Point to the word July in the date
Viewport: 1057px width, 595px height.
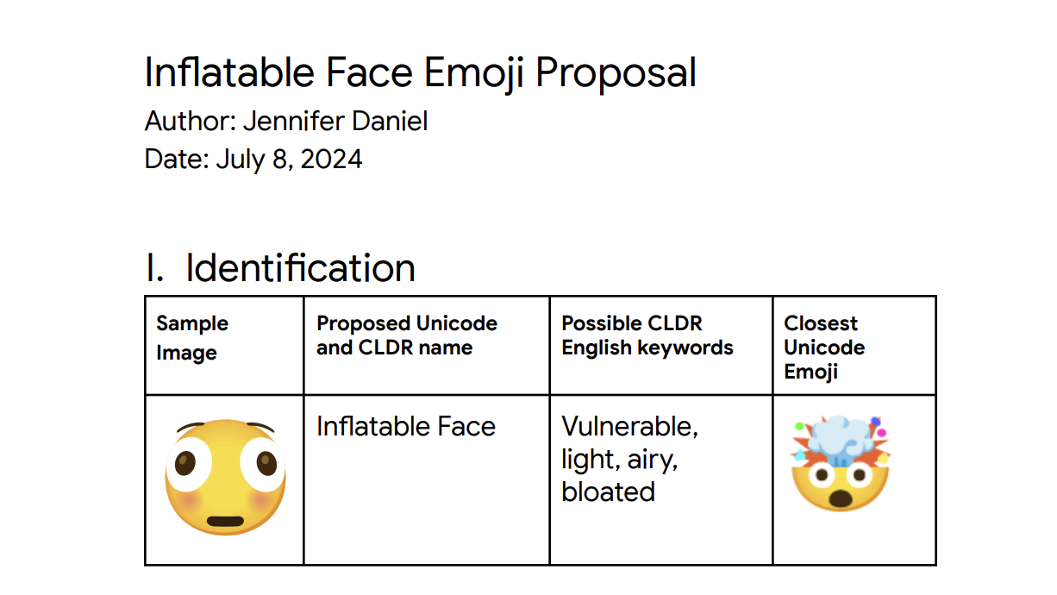tap(237, 160)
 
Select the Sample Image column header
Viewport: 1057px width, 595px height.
tap(191, 338)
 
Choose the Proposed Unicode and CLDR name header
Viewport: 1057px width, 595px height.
tap(406, 335)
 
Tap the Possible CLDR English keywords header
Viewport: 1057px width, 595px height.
tap(647, 335)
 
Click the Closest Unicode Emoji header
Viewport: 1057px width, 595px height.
tap(823, 347)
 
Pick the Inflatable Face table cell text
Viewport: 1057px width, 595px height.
tap(405, 426)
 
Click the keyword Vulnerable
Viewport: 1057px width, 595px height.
tap(629, 426)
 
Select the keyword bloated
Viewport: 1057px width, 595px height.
tap(608, 492)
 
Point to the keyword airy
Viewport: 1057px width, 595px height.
tap(653, 460)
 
